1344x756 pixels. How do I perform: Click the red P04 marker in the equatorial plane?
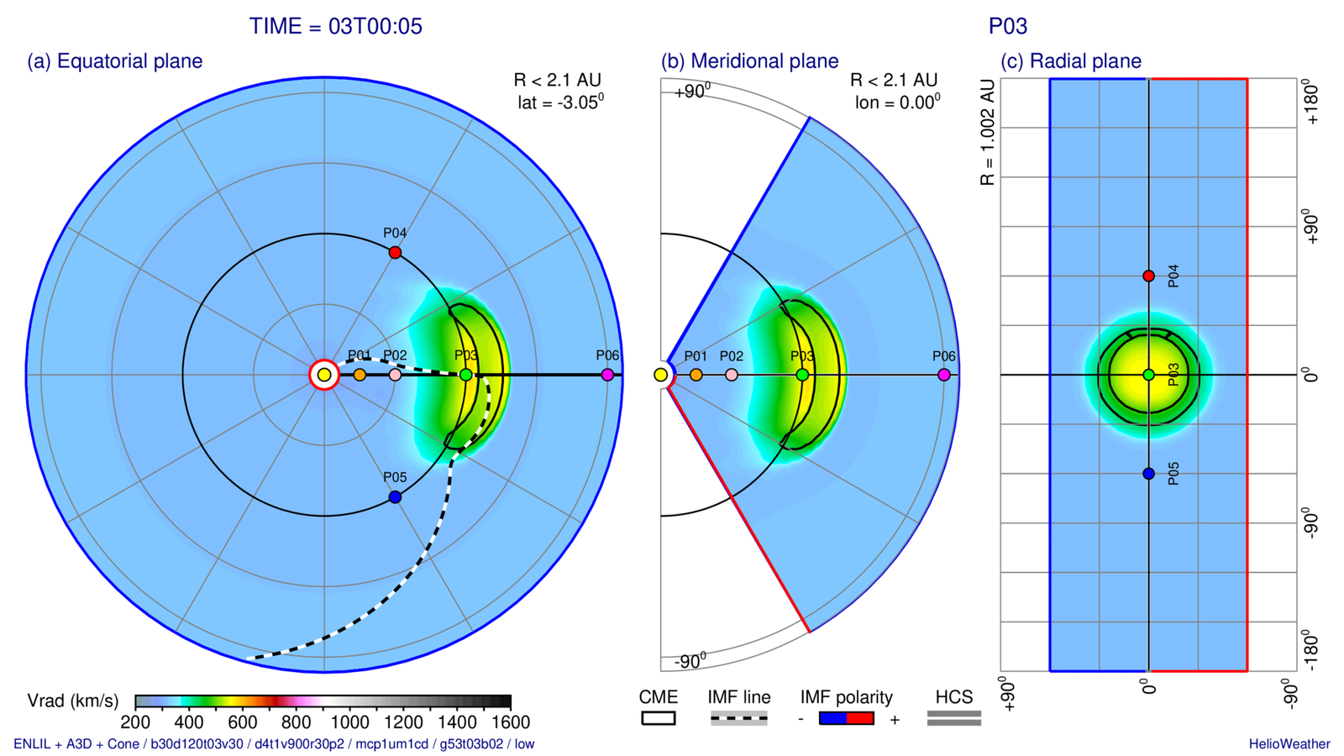[395, 252]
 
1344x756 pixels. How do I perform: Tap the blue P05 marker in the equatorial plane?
[395, 497]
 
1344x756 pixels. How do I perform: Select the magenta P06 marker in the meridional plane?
[944, 375]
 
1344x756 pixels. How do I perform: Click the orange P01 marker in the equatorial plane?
[360, 375]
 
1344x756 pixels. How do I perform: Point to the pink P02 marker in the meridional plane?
[732, 375]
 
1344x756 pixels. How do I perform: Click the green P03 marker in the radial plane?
[1148, 375]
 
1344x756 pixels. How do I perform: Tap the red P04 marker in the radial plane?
[1148, 276]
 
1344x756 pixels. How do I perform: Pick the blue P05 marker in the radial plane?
[1148, 474]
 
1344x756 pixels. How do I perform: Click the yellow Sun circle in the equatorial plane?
[324, 375]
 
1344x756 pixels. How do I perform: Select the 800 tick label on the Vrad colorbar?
[296, 722]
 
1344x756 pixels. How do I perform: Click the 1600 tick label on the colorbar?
[511, 722]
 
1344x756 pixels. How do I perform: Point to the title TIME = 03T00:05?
[335, 26]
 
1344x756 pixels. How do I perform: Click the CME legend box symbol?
[659, 718]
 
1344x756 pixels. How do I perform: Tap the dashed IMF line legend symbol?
[738, 718]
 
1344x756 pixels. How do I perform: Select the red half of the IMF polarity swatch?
[860, 718]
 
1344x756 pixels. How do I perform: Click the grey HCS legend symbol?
[953, 718]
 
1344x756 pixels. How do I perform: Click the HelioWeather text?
[1289, 744]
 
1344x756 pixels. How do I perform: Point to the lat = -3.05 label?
[560, 102]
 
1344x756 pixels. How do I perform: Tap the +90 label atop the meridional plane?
[692, 91]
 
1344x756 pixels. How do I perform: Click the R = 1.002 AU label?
[987, 132]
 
